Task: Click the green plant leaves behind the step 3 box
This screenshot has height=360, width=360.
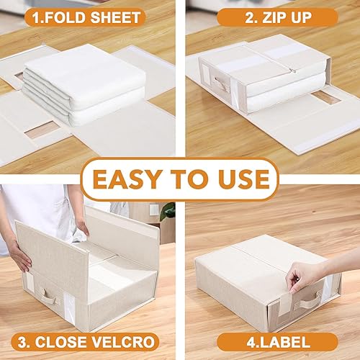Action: pyautogui.click(x=168, y=211)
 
